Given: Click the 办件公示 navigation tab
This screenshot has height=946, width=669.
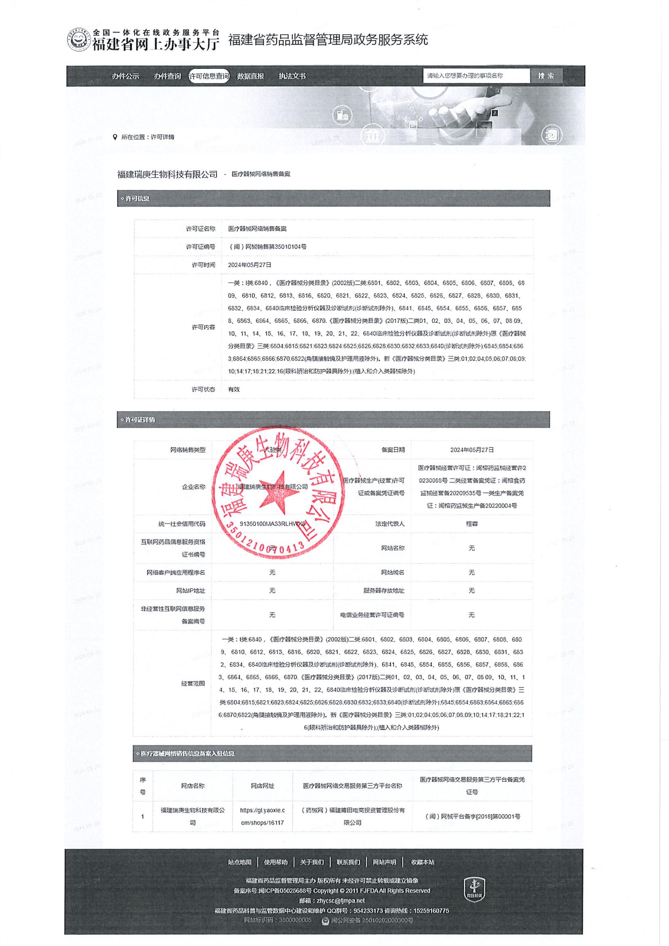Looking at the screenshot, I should (x=125, y=76).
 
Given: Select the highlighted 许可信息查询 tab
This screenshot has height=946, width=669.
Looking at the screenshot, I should (x=208, y=76).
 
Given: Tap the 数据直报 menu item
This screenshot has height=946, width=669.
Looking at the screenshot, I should (x=250, y=76).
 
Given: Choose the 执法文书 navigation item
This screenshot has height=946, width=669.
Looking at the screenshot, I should (x=292, y=76).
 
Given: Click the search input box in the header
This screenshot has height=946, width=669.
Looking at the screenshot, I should (x=476, y=76).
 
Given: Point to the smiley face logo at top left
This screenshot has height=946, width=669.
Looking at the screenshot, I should (x=79, y=40).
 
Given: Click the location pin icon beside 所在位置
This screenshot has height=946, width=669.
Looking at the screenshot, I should (x=115, y=137).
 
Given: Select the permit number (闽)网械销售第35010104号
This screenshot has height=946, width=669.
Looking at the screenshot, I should (x=267, y=247).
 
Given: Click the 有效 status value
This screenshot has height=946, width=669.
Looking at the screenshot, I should (x=234, y=389).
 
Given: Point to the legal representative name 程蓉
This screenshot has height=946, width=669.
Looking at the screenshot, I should (x=471, y=524).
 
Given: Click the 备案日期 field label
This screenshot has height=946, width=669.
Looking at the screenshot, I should (x=393, y=450).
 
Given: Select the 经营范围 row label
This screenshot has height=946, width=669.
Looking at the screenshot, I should (x=193, y=684).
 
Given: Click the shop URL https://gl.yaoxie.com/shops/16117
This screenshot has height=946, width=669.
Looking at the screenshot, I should (x=262, y=816).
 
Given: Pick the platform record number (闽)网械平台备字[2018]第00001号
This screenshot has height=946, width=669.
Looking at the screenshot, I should (x=472, y=816).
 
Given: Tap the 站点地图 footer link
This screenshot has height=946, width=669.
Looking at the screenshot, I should (x=240, y=862).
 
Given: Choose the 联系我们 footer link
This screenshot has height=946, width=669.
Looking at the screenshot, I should (x=348, y=862).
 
